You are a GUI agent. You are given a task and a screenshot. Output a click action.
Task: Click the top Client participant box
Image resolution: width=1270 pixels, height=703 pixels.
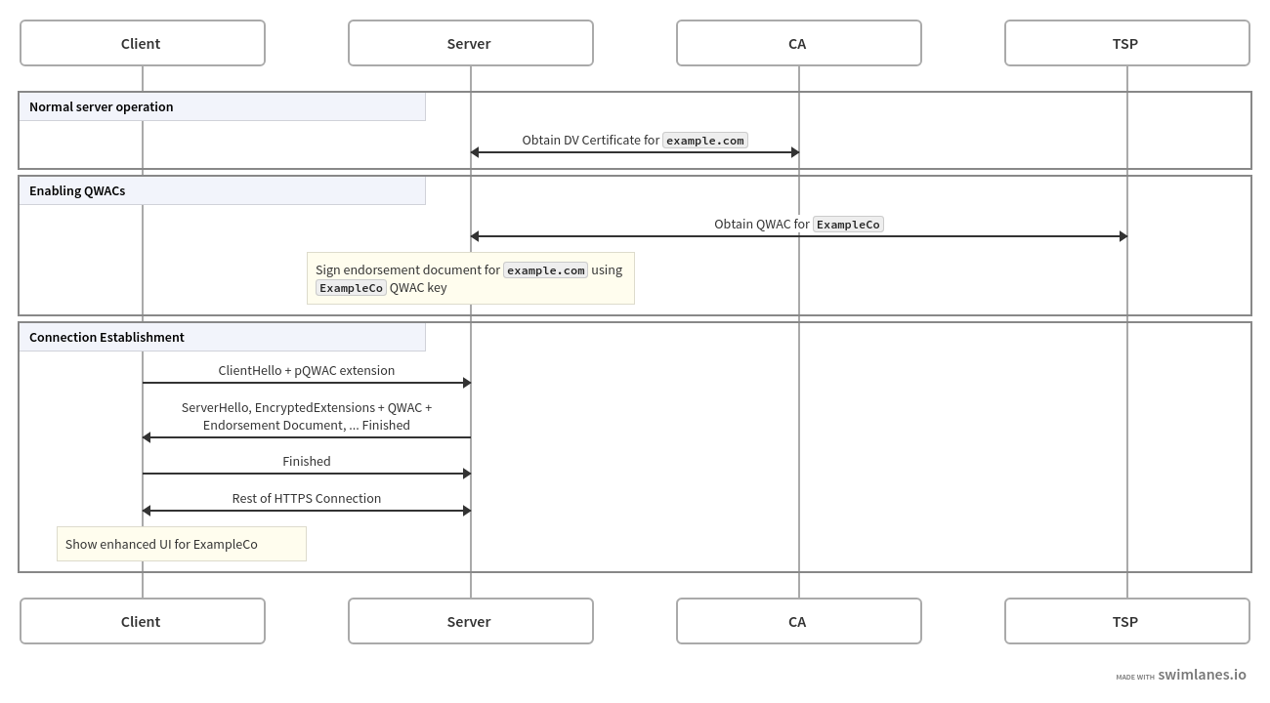(143, 43)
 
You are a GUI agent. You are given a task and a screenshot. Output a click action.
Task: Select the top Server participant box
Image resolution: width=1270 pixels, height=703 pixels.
(470, 43)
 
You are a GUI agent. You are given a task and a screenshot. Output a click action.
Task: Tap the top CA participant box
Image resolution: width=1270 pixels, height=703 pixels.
(798, 43)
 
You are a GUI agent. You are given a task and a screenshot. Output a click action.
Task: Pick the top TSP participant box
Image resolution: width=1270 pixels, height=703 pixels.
(1126, 43)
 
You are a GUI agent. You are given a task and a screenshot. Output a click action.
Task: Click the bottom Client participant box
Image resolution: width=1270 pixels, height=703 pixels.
(143, 621)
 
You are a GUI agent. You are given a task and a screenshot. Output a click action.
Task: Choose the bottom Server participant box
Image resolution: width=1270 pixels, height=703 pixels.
(470, 621)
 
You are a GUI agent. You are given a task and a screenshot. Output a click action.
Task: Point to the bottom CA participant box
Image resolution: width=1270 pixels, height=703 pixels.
(798, 621)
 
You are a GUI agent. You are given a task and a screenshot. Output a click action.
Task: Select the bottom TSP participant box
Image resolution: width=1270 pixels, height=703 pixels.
(1126, 621)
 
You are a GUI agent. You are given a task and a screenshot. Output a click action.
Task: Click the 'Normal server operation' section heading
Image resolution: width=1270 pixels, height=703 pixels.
(102, 106)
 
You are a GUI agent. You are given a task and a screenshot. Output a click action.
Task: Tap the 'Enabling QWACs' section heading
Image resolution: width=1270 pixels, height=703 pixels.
(77, 190)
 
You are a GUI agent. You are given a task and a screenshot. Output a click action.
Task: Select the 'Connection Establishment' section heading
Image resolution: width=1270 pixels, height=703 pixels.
(106, 337)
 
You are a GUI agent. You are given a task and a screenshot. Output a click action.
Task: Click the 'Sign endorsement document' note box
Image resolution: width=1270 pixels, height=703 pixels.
(470, 278)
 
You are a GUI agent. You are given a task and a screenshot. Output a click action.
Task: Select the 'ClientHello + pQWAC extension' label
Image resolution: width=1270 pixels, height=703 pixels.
(307, 371)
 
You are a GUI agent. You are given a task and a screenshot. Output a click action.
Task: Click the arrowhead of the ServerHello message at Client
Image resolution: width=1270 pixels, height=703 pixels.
(147, 437)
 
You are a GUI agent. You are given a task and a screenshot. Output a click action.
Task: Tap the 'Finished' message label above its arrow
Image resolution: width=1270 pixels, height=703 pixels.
(307, 461)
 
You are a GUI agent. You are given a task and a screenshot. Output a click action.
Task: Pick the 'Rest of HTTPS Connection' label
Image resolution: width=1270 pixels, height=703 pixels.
(307, 498)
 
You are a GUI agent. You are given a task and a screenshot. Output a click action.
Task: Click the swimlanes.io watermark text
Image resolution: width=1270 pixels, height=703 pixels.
(1201, 675)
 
